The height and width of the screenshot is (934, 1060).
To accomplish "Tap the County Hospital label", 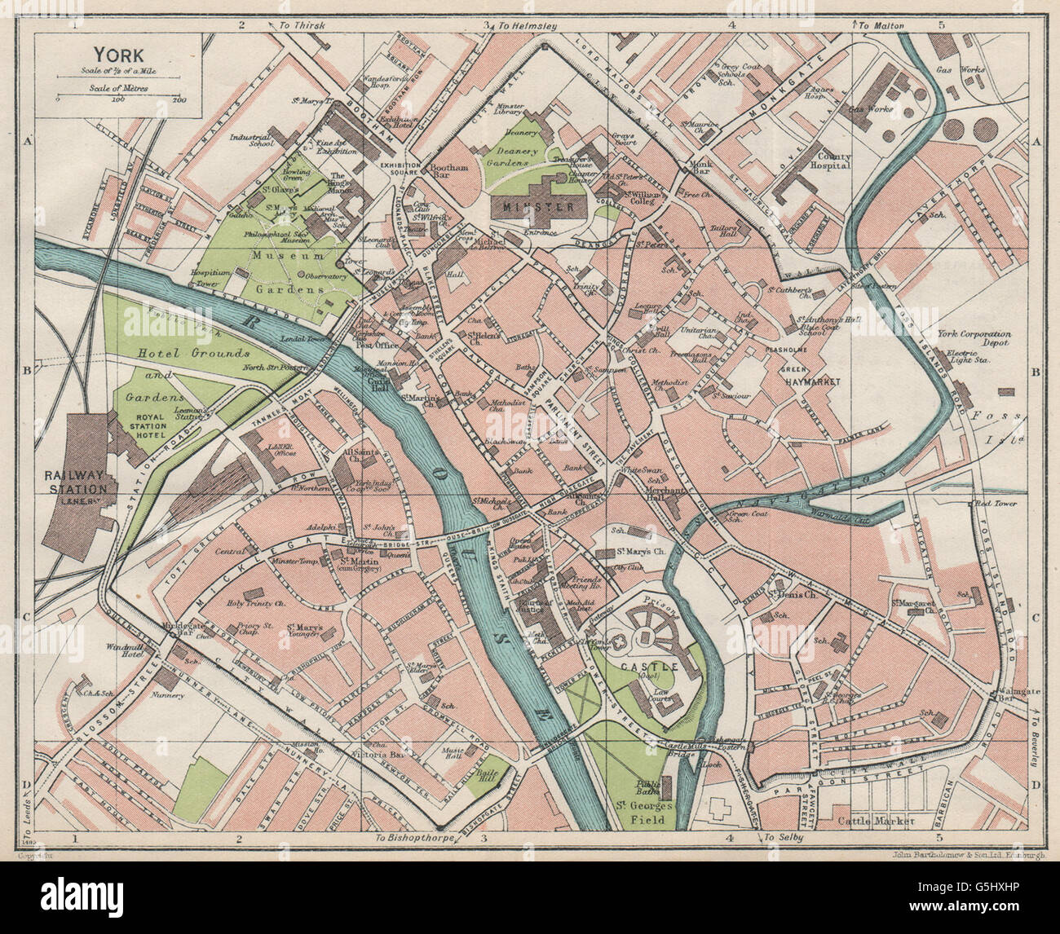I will (829, 161).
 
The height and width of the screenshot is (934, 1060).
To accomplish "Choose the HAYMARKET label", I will (812, 381).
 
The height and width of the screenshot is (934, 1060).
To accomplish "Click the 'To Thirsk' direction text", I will (303, 26).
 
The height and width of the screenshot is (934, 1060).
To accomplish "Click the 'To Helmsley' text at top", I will (528, 26).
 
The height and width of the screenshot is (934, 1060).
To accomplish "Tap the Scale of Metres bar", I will (117, 92).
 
